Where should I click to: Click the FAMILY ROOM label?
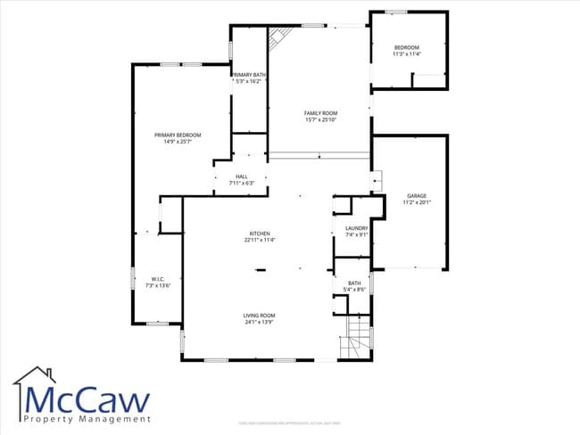(x=320, y=113)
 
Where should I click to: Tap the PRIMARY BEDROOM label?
(x=178, y=135)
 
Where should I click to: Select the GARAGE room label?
(x=416, y=195)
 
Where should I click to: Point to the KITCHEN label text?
(x=260, y=234)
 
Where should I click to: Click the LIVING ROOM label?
(x=260, y=315)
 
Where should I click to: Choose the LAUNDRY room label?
(x=356, y=229)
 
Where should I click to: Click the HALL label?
(x=241, y=176)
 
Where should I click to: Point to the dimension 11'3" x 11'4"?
(x=406, y=53)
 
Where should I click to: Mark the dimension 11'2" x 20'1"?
(x=416, y=201)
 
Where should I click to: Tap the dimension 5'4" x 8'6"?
(x=354, y=290)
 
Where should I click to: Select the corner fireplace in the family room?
(x=279, y=38)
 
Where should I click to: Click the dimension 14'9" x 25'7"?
(x=178, y=141)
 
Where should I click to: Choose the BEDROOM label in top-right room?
(x=406, y=47)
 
